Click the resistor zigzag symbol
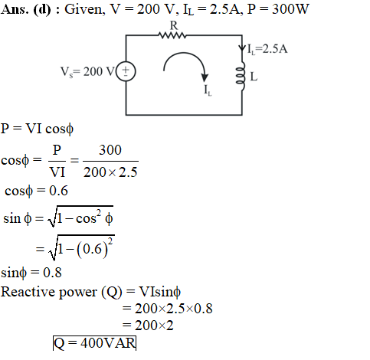pyautogui.click(x=172, y=35)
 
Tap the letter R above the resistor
pyautogui.click(x=174, y=25)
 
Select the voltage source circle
pyautogui.click(x=126, y=71)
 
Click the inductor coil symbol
pyautogui.click(x=241, y=76)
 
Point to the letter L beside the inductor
pyautogui.click(x=254, y=77)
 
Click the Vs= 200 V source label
pyautogui.click(x=87, y=72)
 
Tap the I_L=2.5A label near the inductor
pyautogui.click(x=267, y=49)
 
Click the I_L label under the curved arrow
pyautogui.click(x=208, y=90)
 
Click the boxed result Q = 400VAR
pyautogui.click(x=94, y=343)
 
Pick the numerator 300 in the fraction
pyautogui.click(x=110, y=150)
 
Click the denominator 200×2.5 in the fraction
pyautogui.click(x=110, y=172)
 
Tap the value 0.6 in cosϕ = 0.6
pyautogui.click(x=58, y=191)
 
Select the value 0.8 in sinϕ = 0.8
pyautogui.click(x=52, y=273)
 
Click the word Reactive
pyautogui.click(x=28, y=292)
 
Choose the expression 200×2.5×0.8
pyautogui.click(x=174, y=309)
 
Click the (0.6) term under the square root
pyautogui.click(x=92, y=249)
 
